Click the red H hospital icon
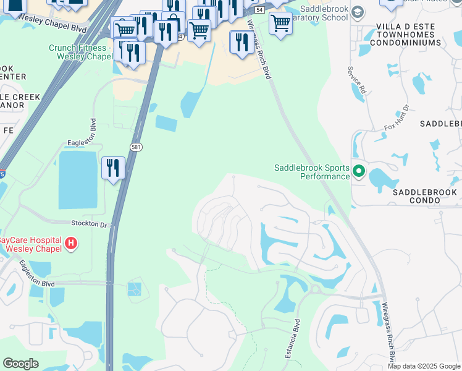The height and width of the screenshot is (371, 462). (x=71, y=244)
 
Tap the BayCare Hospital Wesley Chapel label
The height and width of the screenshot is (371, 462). (x=31, y=244)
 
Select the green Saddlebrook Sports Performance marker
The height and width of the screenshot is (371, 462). (x=359, y=171)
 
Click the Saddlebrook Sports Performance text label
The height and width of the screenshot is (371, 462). (x=312, y=172)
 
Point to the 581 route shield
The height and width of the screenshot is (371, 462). (x=136, y=147)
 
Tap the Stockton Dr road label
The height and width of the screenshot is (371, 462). (x=90, y=225)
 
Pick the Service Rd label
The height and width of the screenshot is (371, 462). (x=357, y=80)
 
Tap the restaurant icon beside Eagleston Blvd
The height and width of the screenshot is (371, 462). (x=113, y=168)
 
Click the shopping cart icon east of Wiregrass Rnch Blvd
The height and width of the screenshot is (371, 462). (x=280, y=23)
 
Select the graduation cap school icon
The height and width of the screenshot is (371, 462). (x=357, y=12)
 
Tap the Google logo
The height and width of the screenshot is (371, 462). (x=21, y=363)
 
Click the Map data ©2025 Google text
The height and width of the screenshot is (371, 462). (x=423, y=366)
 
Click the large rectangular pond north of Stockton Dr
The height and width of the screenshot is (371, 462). (x=78, y=179)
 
